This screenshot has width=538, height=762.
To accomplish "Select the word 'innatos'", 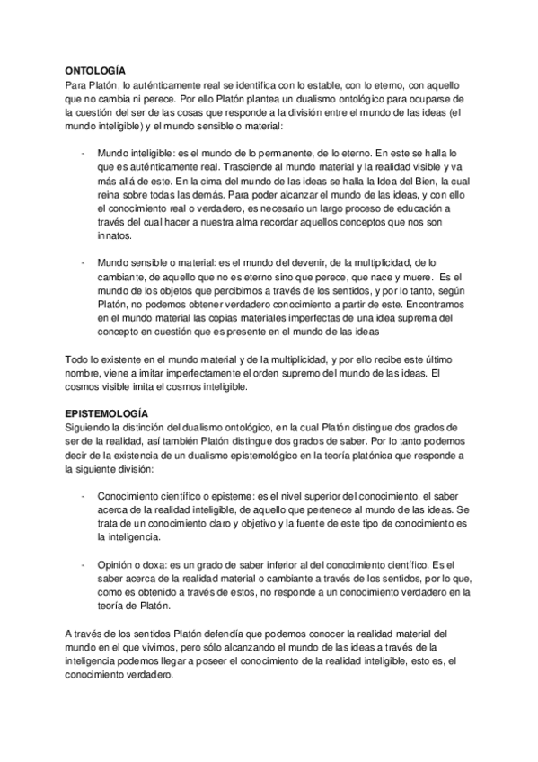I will click(114, 236).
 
